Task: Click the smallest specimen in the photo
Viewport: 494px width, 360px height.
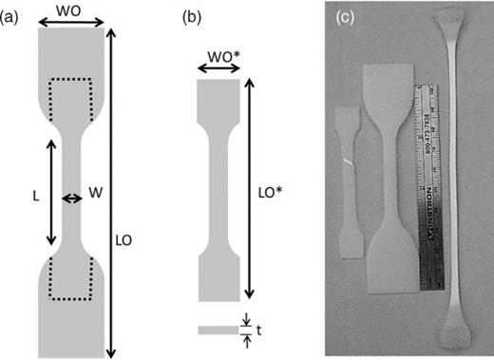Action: (349, 180)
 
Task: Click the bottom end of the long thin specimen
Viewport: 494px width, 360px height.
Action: (449, 334)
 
